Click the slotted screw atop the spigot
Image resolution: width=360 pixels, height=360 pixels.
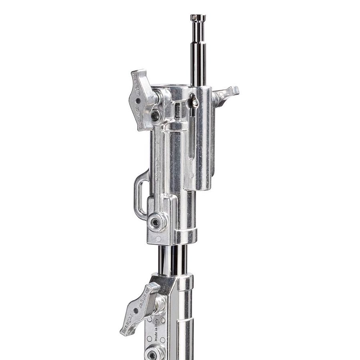(x=198, y=17)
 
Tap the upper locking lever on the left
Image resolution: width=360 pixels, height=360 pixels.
(x=140, y=100)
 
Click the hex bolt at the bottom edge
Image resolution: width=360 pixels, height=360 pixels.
(x=152, y=354)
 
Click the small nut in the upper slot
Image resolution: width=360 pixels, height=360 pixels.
(x=194, y=102)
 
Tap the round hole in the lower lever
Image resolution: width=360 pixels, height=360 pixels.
(x=136, y=310)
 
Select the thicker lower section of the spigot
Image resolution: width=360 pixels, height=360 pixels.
(x=198, y=64)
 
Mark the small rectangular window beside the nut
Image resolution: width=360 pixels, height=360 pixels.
(x=177, y=110)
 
